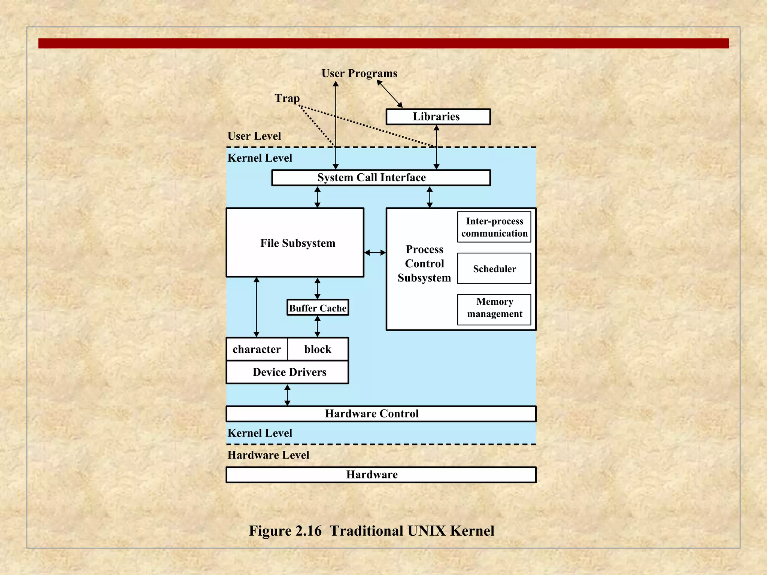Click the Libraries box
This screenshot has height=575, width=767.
tap(438, 117)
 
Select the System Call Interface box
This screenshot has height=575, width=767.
tap(381, 178)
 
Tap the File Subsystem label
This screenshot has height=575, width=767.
tap(298, 243)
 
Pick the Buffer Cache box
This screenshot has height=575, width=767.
tap(318, 308)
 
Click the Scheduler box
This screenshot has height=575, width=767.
tap(494, 268)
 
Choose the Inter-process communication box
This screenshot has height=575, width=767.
tap(494, 227)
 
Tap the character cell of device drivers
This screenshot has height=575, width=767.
tap(257, 349)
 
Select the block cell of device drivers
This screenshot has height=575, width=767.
tap(318, 349)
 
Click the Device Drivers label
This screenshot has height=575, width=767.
tap(289, 372)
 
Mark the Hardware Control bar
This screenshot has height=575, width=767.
tap(381, 414)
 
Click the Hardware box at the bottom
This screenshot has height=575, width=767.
tap(381, 475)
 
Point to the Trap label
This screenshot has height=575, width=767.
tap(287, 98)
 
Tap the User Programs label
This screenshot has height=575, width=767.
tap(359, 73)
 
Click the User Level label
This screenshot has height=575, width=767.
tap(254, 136)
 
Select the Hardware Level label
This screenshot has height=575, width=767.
tap(268, 455)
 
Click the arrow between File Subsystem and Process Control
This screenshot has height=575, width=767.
tap(375, 253)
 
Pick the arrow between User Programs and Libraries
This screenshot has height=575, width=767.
tap(389, 94)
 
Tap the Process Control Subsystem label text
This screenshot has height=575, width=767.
tap(424, 264)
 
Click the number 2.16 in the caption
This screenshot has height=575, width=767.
tap(308, 531)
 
